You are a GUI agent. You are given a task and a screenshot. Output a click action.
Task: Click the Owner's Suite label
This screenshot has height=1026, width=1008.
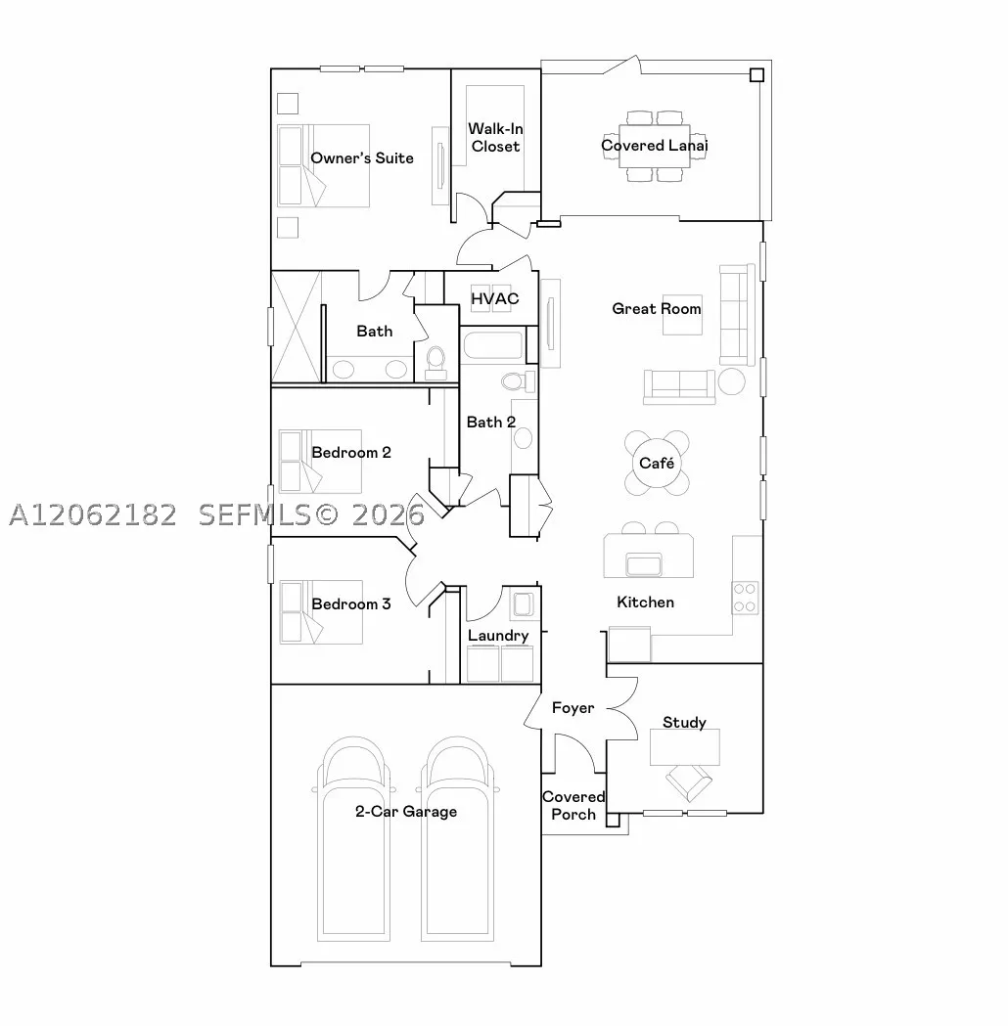362,158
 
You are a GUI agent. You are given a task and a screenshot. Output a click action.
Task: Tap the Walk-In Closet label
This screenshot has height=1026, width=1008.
495,137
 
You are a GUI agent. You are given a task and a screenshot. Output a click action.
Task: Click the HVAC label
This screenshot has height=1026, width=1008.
495,298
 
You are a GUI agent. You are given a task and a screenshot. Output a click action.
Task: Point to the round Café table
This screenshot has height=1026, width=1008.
657,464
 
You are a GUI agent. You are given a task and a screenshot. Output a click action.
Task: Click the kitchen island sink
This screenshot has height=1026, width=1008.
644,564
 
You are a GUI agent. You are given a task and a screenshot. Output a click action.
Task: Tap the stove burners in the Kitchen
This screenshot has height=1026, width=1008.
745,598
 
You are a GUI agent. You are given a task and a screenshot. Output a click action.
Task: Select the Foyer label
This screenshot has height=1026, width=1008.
573,708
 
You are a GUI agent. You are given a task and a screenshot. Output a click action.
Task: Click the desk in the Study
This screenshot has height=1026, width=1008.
685,746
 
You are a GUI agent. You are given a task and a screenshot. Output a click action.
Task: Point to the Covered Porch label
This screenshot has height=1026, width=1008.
573,806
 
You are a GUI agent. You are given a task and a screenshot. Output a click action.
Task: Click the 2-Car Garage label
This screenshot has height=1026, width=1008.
406,812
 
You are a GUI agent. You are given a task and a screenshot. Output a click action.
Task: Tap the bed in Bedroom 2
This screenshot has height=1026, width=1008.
320,462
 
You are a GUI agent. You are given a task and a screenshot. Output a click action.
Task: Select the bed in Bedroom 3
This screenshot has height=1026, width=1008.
321,612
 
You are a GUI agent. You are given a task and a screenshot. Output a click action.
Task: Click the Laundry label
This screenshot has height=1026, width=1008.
498,636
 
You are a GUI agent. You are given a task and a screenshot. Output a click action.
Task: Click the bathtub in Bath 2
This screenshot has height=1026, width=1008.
493,345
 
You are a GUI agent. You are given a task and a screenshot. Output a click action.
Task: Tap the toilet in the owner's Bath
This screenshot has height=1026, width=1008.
435,363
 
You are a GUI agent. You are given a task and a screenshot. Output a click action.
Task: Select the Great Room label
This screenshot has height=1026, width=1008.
657,308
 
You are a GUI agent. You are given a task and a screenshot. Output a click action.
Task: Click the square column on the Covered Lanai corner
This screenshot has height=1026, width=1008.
756,74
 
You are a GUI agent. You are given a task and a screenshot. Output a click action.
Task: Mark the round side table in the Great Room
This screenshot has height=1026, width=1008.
731,381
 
